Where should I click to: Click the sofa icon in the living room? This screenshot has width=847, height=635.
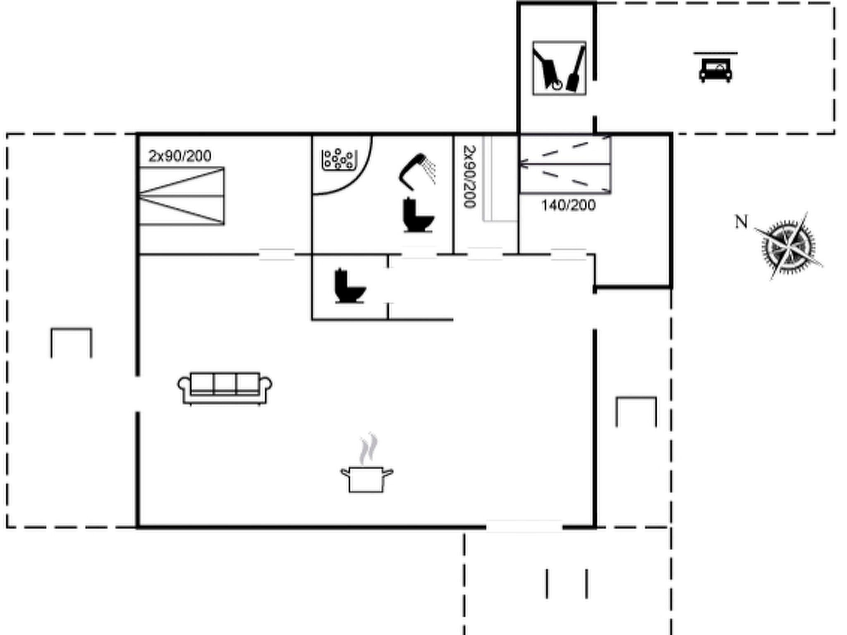[x=225, y=388]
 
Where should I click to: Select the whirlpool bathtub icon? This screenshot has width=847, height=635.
[x=339, y=160]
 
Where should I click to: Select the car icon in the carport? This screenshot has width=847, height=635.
[x=715, y=70]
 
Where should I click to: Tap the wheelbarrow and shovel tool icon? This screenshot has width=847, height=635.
[x=559, y=68]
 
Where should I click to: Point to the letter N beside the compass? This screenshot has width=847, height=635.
[x=741, y=222]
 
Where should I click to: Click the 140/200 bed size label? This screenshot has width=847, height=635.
[x=569, y=205]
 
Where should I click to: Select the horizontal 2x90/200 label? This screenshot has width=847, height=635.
[x=180, y=156]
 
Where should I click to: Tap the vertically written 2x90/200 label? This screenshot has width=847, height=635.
[x=469, y=177]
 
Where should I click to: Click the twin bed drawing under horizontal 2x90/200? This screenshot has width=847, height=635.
[x=182, y=196]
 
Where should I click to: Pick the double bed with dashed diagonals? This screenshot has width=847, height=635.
[x=565, y=165]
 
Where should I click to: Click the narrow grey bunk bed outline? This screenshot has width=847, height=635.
[x=500, y=179]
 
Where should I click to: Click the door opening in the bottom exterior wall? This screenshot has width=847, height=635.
[x=524, y=527]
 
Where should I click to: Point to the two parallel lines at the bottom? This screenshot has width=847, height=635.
[x=567, y=583]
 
